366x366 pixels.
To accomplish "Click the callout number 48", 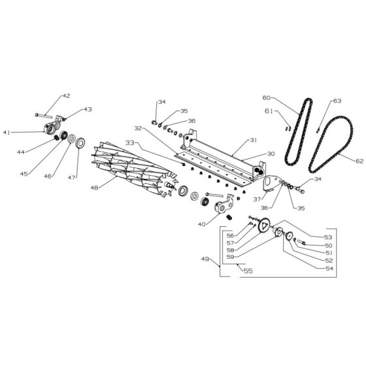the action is tap(94, 188).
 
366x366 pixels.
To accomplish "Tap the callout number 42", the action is tap(66, 96).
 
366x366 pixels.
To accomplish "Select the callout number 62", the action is tap(359, 161).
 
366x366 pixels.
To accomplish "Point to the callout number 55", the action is tap(248, 271).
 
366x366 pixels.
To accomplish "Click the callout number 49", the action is tap(205, 259).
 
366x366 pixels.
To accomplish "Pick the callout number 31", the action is tap(254, 140).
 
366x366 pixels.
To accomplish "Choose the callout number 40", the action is tap(202, 224).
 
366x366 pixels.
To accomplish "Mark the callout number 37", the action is tap(257, 199).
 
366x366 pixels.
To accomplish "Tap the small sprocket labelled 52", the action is tap(290, 236).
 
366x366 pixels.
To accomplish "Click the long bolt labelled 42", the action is tap(44, 115).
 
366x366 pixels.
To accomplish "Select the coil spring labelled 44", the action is tap(56, 138).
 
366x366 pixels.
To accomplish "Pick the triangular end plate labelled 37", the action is tap(271, 182).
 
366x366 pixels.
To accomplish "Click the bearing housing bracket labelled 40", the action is tap(224, 203).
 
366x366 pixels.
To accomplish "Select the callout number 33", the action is tap(130, 142).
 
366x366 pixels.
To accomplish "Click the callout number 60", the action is tap(267, 97).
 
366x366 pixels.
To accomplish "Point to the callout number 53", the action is tap(328, 237).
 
